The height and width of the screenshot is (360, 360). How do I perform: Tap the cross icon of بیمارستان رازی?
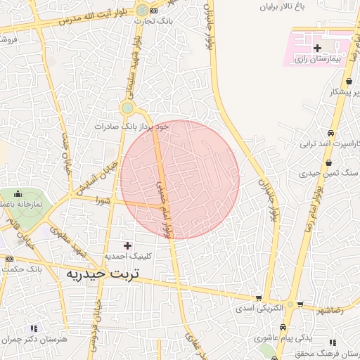pyautogui.click(x=318, y=48)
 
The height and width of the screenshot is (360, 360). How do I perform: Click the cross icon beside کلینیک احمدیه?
pyautogui.click(x=127, y=245)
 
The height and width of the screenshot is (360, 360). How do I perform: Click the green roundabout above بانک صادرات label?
pyautogui.click(x=127, y=108)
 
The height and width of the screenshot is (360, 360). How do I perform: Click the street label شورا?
pyautogui.click(x=105, y=200)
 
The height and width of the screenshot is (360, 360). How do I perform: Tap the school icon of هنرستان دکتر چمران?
pyautogui.click(x=33, y=328)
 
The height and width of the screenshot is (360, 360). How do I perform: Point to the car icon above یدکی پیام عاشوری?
pyautogui.click(x=282, y=328)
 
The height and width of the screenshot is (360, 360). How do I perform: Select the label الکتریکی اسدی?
pyautogui.click(x=261, y=308)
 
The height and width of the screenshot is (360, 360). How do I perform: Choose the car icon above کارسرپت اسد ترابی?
pyautogui.click(x=331, y=133)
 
